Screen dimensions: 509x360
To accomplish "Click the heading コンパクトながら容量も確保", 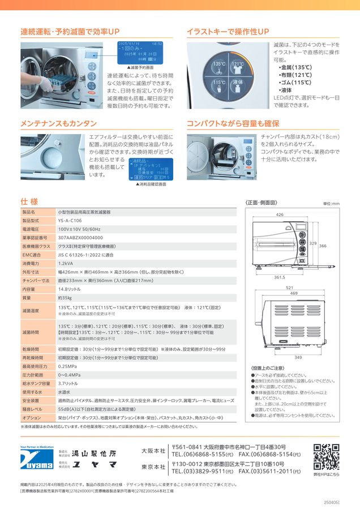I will click(233, 123).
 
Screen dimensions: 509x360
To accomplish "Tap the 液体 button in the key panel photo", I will click(238, 83).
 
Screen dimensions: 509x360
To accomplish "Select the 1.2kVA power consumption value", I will click(66, 264).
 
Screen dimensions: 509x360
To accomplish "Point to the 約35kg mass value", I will click(64, 297).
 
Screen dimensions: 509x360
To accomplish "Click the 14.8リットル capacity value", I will click(69, 289).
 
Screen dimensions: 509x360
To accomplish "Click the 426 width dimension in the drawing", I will click(280, 215).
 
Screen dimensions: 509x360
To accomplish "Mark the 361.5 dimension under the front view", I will click(279, 278).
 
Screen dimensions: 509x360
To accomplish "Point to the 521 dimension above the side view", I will click(289, 288).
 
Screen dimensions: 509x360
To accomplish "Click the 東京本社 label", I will click(153, 467).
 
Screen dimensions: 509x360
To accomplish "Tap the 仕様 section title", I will click(29, 201).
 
